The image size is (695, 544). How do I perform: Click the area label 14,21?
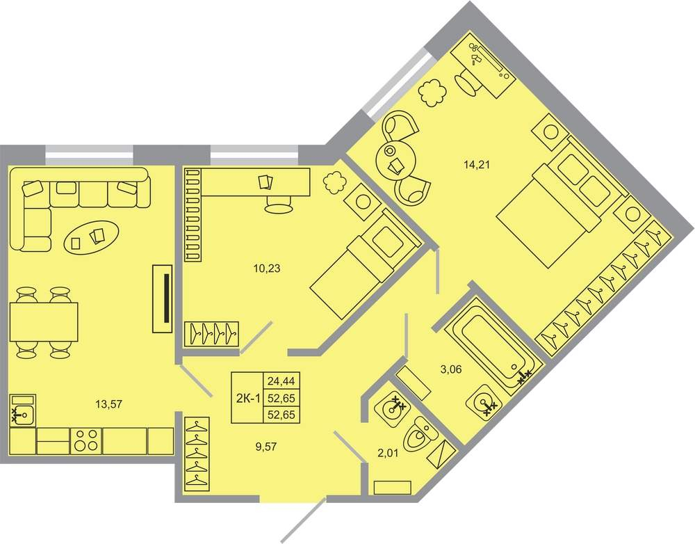477,166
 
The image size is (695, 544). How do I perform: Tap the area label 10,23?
267,269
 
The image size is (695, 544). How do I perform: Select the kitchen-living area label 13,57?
108,404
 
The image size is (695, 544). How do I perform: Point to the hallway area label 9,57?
266,447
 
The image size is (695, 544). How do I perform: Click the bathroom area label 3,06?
451,369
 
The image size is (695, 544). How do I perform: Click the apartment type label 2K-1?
248,399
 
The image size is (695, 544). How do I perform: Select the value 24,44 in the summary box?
281,381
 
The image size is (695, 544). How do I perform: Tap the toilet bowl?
419,434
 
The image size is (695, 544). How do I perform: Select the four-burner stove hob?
86,440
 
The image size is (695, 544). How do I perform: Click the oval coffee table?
92,237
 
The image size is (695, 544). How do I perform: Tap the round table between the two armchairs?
395,159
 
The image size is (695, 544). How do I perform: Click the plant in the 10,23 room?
335,182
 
